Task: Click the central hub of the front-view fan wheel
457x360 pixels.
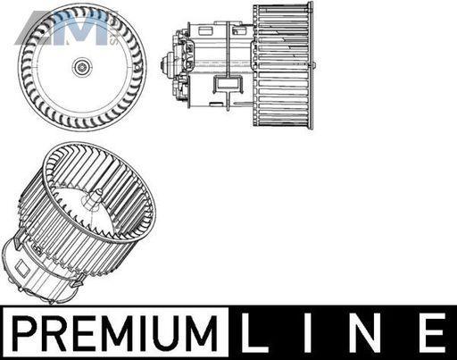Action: click(x=81, y=67)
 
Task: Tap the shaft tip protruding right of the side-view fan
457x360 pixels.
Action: click(x=314, y=65)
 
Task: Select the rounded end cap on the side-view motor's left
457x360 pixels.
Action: click(x=164, y=64)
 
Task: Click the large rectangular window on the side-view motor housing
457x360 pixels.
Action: click(x=228, y=83)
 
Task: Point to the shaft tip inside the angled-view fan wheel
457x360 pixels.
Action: click(x=98, y=192)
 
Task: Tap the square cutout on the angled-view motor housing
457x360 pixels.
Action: click(x=22, y=267)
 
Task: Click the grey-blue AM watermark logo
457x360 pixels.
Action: click(x=63, y=28)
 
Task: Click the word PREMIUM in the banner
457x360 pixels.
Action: click(x=115, y=332)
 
